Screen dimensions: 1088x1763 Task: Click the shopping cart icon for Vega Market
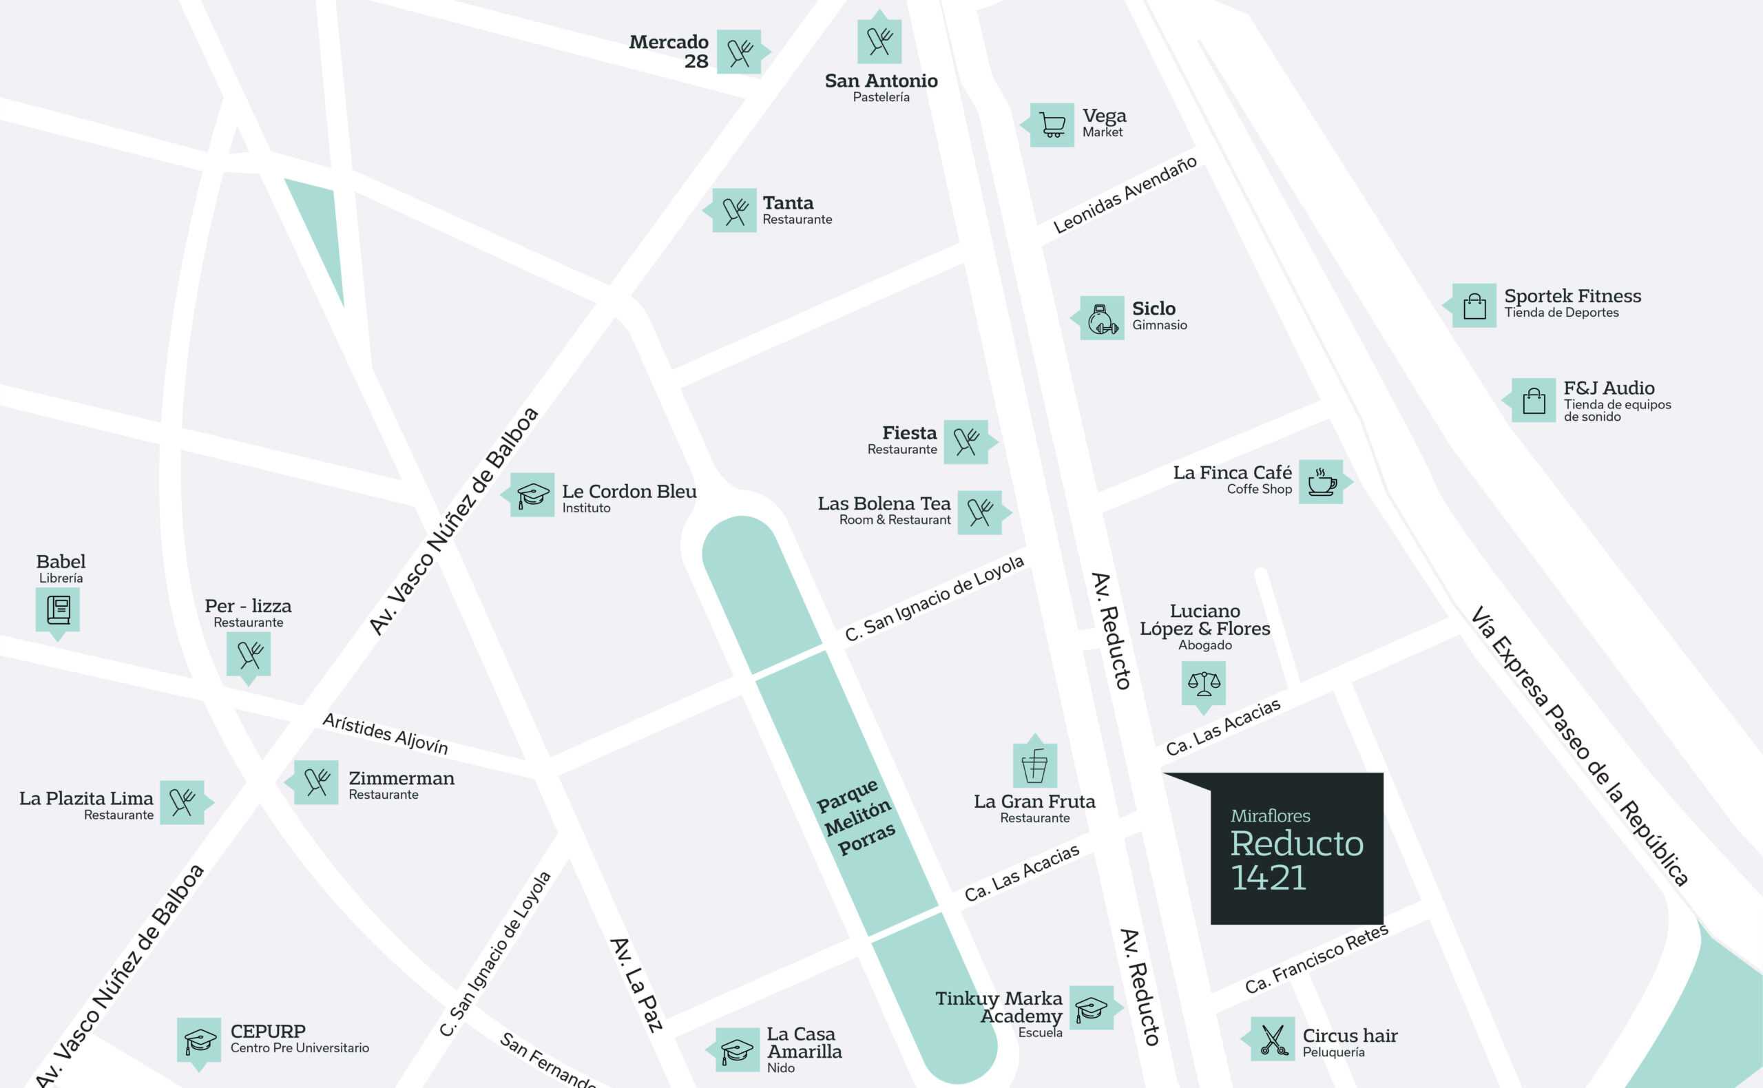[x=1052, y=125]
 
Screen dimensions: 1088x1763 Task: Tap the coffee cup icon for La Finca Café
[x=1321, y=481]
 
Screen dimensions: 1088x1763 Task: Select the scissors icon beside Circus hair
[x=1272, y=1039]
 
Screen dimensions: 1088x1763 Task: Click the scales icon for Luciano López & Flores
[x=1204, y=683]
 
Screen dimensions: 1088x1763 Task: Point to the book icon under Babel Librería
[x=59, y=609]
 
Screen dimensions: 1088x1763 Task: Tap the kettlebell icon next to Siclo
[x=1103, y=318]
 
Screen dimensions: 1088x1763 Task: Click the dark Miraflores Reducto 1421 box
[x=1297, y=848]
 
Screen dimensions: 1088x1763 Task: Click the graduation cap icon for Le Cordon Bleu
[x=532, y=495]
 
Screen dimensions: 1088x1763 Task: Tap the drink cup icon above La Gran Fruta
[x=1035, y=766]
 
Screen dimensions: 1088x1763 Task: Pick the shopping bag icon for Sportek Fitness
[x=1474, y=306]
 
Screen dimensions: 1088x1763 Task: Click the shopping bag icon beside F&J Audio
[x=1534, y=400]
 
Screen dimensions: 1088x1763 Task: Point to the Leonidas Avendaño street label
[x=1125, y=194]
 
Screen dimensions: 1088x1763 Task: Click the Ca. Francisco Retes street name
[x=1316, y=959]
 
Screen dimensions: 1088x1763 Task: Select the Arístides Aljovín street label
[x=385, y=734]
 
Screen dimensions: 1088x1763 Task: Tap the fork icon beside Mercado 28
[x=739, y=52]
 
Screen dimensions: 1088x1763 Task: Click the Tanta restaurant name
[x=788, y=203]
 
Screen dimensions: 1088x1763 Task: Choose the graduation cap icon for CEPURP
[x=199, y=1040]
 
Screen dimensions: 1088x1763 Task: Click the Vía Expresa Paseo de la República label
[x=1579, y=746]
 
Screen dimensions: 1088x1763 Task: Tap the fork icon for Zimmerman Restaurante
[x=317, y=782]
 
